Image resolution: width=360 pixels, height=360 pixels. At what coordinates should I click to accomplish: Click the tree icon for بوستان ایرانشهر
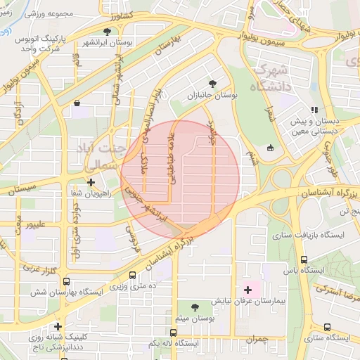tap(107, 32)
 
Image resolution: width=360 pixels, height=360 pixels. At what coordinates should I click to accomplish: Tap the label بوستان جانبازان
tap(213, 94)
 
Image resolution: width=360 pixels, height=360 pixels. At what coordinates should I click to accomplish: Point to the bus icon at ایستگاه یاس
tap(304, 259)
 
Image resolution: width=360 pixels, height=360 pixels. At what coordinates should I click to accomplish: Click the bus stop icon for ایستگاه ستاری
tap(328, 327)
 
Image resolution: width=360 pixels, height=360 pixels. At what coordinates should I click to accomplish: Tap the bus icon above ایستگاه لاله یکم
tap(173, 333)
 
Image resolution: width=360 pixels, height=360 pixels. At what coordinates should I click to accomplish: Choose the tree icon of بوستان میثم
tap(194, 307)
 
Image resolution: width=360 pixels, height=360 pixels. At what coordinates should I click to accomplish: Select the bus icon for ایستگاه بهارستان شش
tap(65, 281)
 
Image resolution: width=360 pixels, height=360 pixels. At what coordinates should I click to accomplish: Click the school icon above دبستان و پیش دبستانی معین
tap(315, 110)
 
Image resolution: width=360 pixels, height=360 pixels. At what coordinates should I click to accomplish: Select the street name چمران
tap(258, 340)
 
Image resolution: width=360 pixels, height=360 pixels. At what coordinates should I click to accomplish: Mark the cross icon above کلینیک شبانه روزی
tap(58, 326)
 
